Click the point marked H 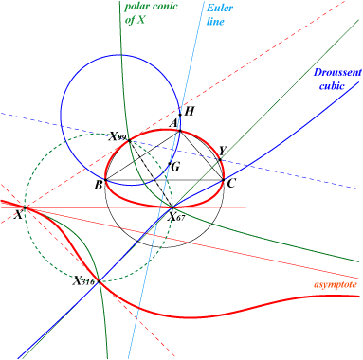[180, 115]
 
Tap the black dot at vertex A [180, 131]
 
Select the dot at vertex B [105, 180]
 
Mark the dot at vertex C [223, 180]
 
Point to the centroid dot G [170, 164]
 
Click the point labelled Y [220, 160]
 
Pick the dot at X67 [172, 207]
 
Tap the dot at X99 [130, 141]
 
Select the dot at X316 [100, 281]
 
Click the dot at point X [25, 207]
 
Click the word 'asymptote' [336, 284]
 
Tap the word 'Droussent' [337, 72]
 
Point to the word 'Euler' [220, 8]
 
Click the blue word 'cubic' [332, 85]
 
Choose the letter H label [189, 111]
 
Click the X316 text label [83, 280]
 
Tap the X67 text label [176, 217]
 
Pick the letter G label [175, 166]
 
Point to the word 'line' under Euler [215, 22]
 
